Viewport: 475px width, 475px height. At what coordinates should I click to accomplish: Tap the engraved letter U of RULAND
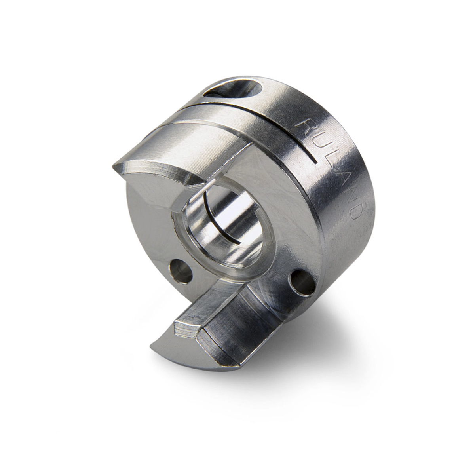[x=316, y=145]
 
